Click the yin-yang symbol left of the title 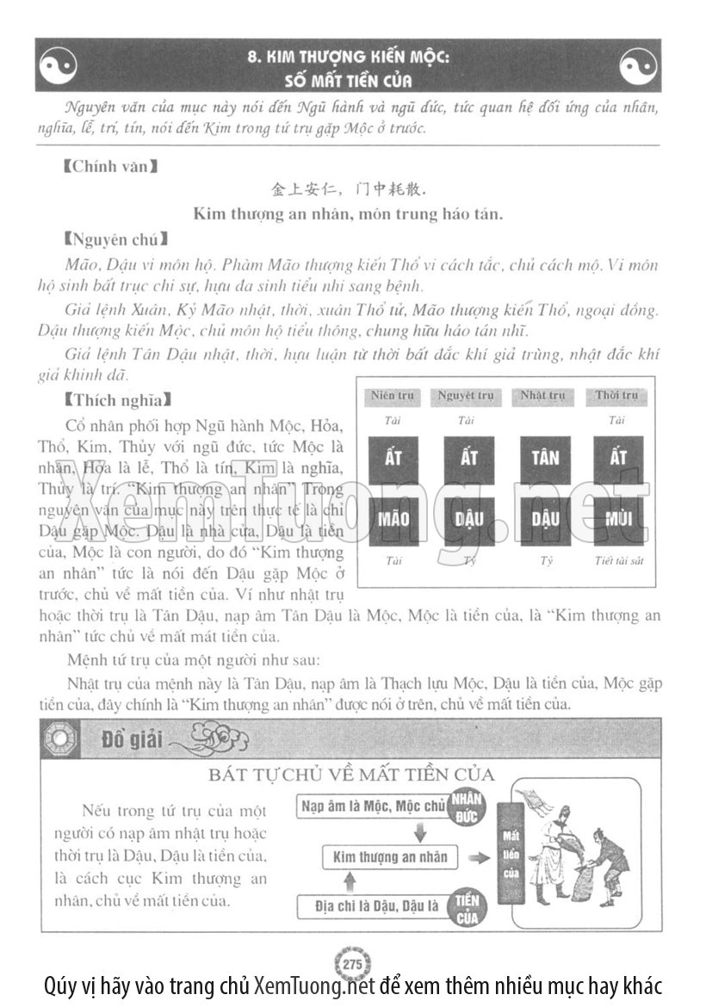[59, 65]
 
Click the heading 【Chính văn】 [109, 164]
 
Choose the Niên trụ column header [393, 396]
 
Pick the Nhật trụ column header [543, 396]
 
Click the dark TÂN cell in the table [544, 459]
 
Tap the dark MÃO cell [393, 520]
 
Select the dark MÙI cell [618, 520]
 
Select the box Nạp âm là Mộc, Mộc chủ [374, 806]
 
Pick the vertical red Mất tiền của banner [511, 854]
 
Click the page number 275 [351, 963]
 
